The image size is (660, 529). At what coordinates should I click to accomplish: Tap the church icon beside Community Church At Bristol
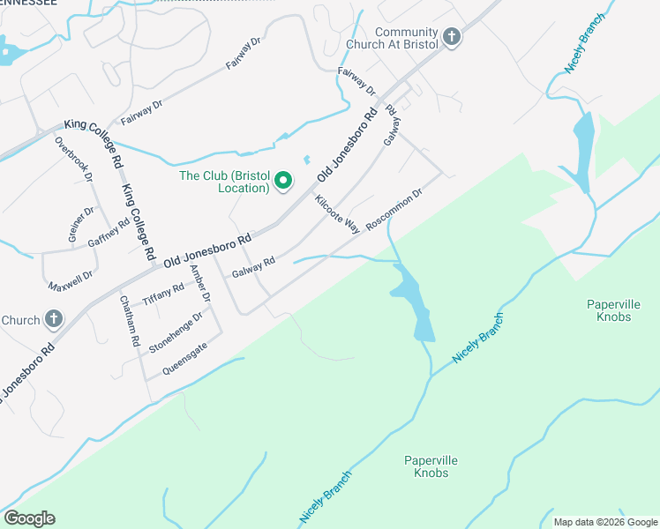coord(453,37)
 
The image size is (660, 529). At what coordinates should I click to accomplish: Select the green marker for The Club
coord(283,182)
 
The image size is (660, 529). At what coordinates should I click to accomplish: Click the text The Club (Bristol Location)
coord(224,182)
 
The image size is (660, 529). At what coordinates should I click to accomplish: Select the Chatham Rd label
coord(129,320)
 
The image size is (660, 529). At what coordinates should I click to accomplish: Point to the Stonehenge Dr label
coord(176,332)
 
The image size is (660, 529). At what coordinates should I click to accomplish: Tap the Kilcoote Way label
coord(337,213)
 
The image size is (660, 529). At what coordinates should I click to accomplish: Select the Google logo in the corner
coord(29,518)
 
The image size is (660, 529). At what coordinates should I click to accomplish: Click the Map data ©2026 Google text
coord(604,522)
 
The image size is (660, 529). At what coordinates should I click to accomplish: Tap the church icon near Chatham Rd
coord(53,318)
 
